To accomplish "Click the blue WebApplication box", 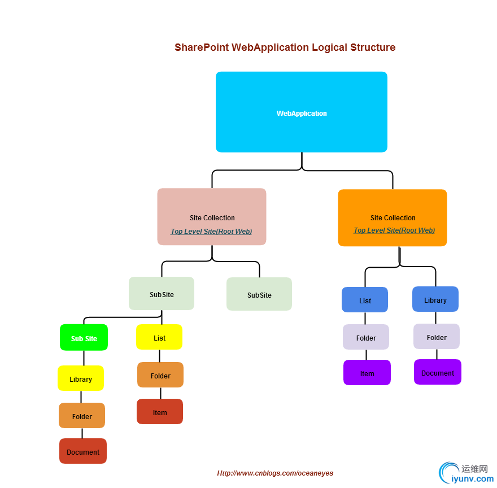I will (302, 112).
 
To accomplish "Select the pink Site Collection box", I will (212, 217).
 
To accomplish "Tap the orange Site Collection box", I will (393, 217).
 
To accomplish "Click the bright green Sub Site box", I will (84, 338).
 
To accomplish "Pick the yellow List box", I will (159, 337).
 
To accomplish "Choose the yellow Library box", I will (81, 378).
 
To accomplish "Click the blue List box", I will (365, 300).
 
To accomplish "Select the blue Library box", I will (435, 299).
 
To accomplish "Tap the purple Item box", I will (367, 373).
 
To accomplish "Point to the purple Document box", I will (438, 372).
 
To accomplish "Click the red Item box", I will (160, 412).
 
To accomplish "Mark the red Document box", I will (83, 451).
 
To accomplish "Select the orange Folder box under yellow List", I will (160, 375).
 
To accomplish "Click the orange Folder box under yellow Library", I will (82, 416).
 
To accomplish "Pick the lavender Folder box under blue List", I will (366, 337).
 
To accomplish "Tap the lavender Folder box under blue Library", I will (437, 337).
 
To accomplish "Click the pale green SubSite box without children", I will (259, 294).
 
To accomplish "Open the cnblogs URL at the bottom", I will (275, 473).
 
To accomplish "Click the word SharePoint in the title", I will (202, 47).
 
